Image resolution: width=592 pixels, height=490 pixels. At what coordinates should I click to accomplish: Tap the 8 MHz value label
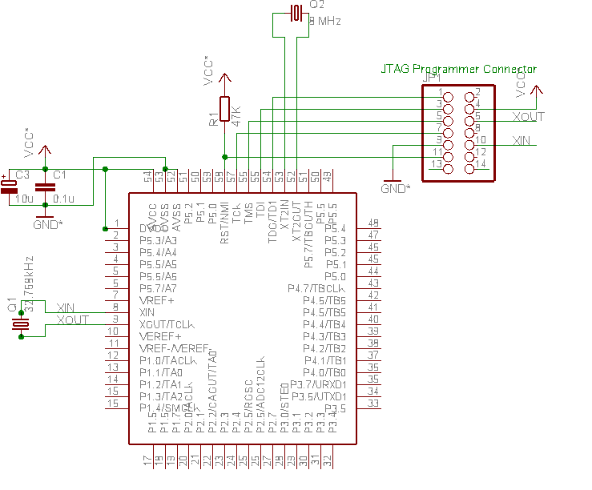point(324,21)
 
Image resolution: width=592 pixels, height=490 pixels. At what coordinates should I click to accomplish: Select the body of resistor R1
point(224,109)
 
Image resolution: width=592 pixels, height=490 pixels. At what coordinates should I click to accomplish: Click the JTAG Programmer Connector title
point(458,70)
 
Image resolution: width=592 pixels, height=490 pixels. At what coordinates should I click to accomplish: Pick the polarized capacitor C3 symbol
point(9,186)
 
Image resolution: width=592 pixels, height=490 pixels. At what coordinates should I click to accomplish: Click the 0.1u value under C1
point(63,199)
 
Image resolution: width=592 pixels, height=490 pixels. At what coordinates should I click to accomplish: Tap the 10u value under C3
point(23,199)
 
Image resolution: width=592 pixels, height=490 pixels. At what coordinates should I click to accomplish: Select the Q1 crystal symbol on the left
point(21,323)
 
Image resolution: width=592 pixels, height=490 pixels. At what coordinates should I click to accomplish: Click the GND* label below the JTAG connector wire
point(395,189)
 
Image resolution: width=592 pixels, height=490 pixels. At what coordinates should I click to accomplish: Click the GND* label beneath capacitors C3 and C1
point(47,225)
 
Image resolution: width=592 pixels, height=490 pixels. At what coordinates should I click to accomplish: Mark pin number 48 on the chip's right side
point(373,223)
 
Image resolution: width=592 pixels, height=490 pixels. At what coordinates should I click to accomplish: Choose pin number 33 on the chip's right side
point(373,404)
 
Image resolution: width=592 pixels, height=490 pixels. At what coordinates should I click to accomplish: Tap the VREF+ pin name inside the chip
point(156,299)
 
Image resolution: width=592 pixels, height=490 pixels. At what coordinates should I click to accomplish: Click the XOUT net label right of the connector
point(528,117)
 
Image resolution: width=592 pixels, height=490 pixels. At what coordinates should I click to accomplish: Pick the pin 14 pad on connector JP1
point(469,166)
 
